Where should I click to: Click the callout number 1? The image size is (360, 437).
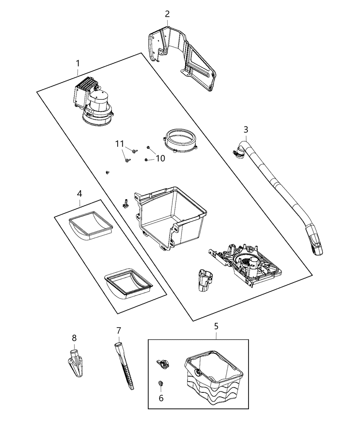[78, 63]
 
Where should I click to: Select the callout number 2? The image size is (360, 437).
[167, 14]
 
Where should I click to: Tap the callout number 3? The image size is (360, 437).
[246, 130]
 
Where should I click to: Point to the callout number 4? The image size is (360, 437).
[79, 193]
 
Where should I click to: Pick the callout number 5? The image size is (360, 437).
[216, 326]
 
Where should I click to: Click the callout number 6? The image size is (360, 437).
[161, 398]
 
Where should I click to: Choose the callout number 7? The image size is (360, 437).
[119, 330]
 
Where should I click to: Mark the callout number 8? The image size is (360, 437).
[74, 338]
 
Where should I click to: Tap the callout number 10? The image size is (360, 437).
[160, 158]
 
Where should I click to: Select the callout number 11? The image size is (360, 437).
[119, 144]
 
